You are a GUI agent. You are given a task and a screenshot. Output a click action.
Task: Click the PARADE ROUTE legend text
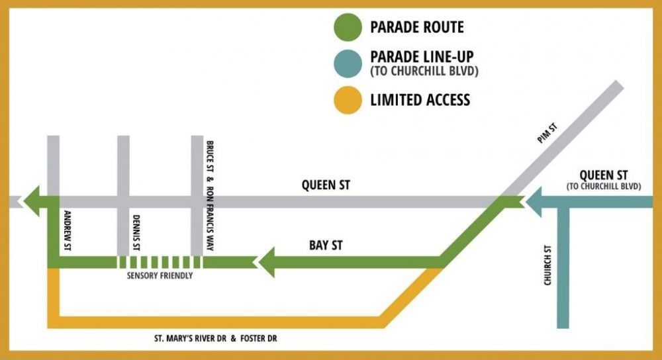point(417,28)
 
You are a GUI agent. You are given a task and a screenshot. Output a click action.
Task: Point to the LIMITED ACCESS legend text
point(420,100)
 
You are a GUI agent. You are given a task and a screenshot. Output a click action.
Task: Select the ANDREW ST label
point(66,231)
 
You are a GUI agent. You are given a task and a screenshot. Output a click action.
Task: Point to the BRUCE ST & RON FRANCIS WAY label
point(210,196)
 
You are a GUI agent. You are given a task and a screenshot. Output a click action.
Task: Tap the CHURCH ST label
point(547,265)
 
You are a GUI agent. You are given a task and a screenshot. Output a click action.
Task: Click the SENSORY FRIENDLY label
point(160,275)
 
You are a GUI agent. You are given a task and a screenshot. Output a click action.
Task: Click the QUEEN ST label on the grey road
point(326,185)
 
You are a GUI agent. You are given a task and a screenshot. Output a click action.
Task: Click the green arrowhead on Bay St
point(268,263)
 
